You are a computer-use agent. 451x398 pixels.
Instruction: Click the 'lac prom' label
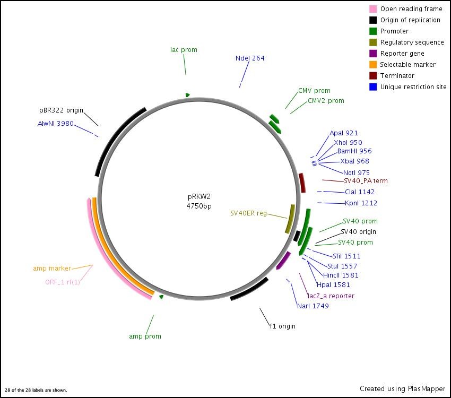point(184,50)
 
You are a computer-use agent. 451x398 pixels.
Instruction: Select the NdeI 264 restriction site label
point(250,58)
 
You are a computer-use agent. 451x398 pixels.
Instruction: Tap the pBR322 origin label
point(61,110)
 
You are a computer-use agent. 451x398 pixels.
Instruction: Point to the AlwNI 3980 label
point(55,124)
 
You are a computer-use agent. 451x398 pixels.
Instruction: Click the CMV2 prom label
point(326,101)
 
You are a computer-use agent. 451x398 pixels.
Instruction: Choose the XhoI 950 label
point(348,143)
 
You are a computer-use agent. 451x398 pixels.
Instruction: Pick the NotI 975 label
point(356,173)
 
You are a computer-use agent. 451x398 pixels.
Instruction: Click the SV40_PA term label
point(366,181)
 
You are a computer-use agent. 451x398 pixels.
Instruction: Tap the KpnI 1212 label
point(361,203)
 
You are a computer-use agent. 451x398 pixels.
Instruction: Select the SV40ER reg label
point(248,213)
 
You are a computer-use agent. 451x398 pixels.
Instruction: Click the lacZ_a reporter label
point(331,296)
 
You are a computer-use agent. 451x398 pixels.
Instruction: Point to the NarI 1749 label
point(313,306)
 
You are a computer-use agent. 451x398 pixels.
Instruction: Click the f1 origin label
point(282,326)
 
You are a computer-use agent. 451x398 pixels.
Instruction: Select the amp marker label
point(52,269)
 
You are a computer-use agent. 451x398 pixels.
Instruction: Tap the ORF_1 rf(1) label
point(63,282)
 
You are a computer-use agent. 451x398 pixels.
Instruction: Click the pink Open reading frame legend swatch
point(373,9)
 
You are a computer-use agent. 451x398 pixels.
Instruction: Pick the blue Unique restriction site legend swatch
point(373,87)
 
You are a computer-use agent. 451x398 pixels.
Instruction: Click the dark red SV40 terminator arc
point(302,183)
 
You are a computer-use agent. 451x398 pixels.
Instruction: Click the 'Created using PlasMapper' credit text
point(402,389)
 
